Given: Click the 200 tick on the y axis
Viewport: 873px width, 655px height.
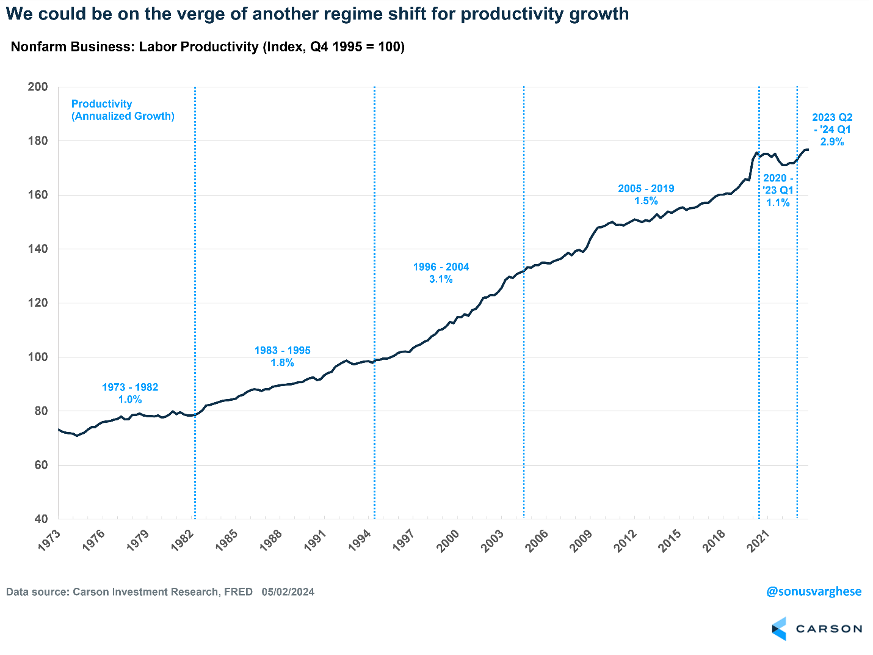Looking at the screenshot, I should pyautogui.click(x=38, y=87).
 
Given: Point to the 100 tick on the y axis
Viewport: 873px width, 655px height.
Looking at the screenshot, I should pyautogui.click(x=38, y=357).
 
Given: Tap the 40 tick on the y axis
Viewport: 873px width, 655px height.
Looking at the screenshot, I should pyautogui.click(x=41, y=519).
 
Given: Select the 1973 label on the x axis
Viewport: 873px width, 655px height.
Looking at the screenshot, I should pyautogui.click(x=49, y=541).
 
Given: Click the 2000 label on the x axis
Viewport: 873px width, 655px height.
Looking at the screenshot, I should pyautogui.click(x=448, y=541).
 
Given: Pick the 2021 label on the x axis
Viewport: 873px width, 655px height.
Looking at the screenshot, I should pyautogui.click(x=758, y=541).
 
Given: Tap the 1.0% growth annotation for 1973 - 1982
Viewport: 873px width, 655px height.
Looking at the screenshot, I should pyautogui.click(x=130, y=400).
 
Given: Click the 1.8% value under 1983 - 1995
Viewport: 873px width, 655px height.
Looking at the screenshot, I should pyautogui.click(x=283, y=363).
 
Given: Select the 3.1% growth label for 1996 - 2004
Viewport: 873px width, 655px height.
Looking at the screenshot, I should pyautogui.click(x=441, y=279).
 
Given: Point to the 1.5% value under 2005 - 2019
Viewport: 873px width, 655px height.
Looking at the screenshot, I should pyautogui.click(x=646, y=201).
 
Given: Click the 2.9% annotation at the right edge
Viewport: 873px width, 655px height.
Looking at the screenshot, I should pyautogui.click(x=832, y=142).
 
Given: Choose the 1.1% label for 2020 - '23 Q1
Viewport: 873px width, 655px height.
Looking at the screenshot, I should pyautogui.click(x=778, y=203).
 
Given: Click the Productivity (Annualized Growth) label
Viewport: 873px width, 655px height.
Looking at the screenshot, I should pyautogui.click(x=123, y=110).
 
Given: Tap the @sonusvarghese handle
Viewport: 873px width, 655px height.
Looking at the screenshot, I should pyautogui.click(x=814, y=591).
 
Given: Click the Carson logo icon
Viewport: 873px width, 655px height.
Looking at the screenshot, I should pyautogui.click(x=780, y=629).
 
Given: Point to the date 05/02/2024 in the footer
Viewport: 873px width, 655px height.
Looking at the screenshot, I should pyautogui.click(x=288, y=591).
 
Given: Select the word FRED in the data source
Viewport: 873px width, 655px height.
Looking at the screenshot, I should pyautogui.click(x=238, y=591).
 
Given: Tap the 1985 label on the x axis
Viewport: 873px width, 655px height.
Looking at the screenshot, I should pyautogui.click(x=226, y=541).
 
